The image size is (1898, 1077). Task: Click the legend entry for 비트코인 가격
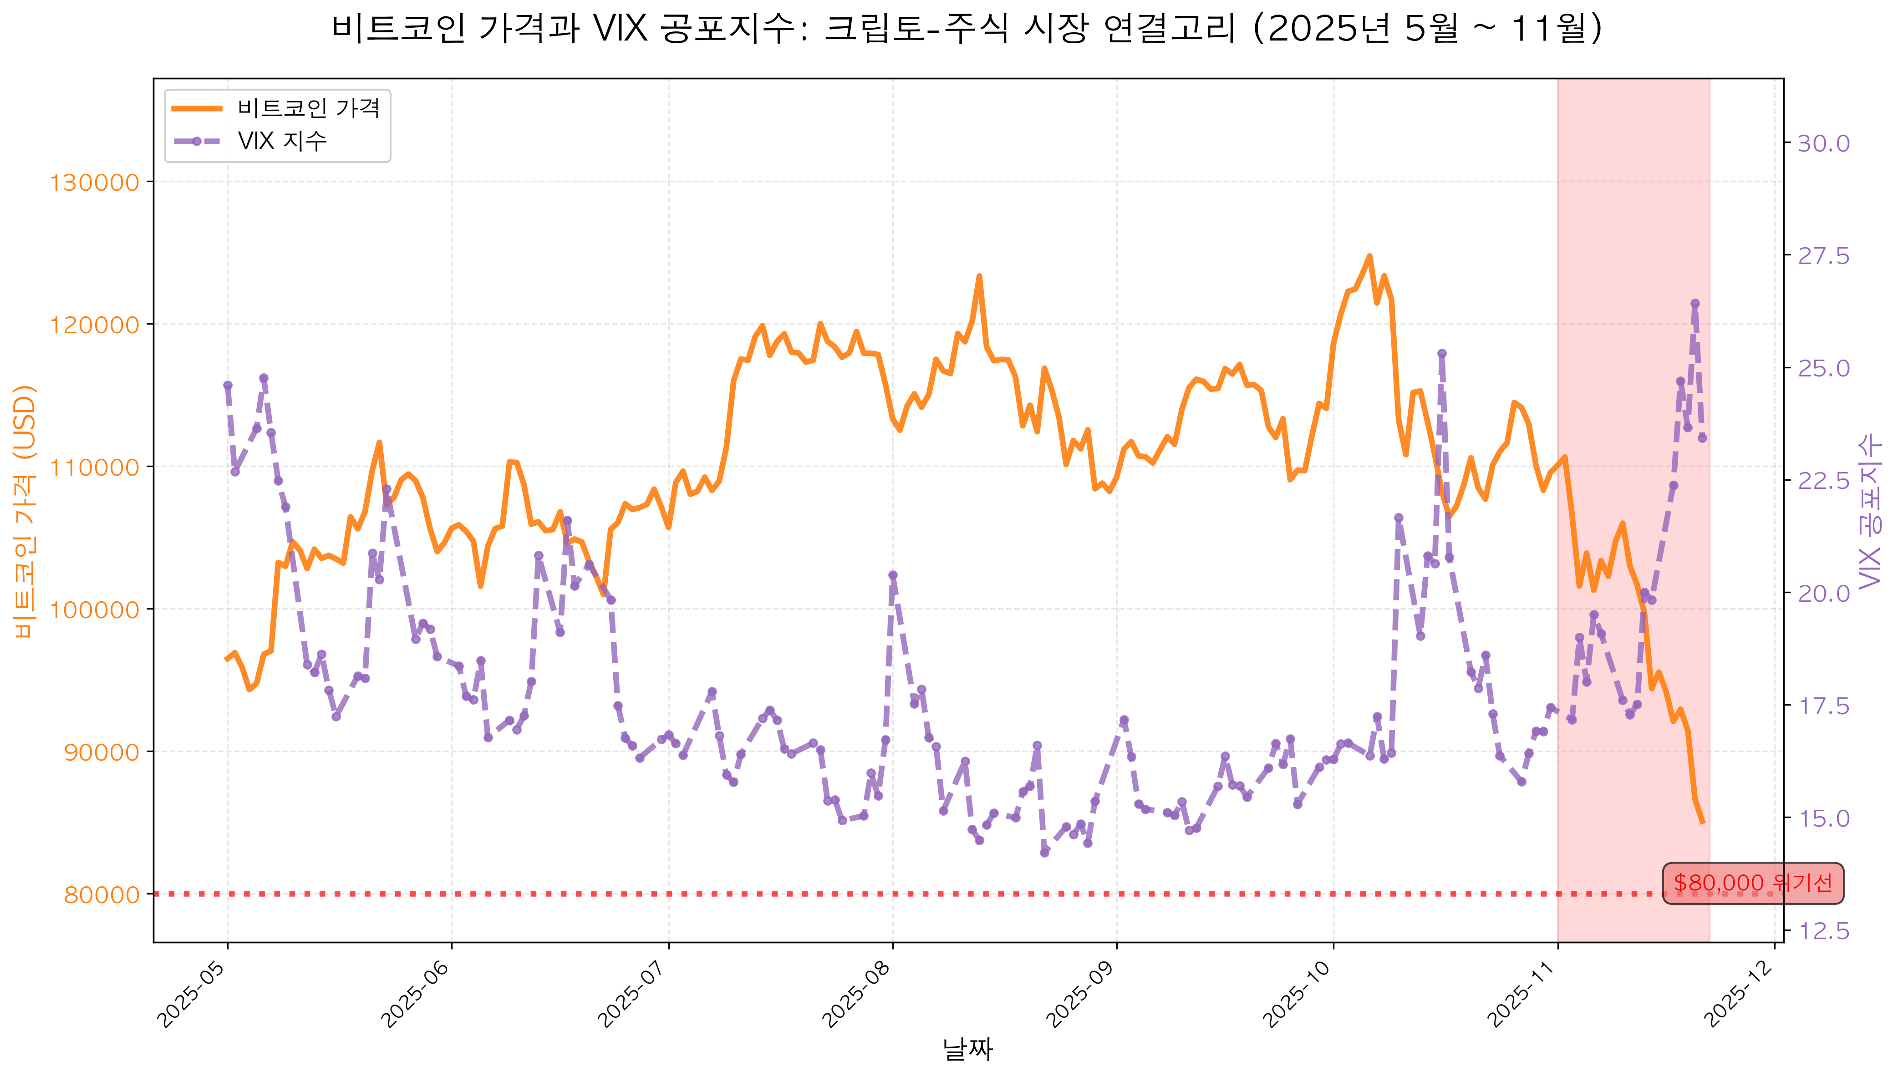click(x=308, y=109)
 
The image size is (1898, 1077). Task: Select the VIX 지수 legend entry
click(x=281, y=141)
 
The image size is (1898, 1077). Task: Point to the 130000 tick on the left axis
click(x=94, y=183)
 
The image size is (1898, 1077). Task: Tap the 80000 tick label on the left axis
click(x=102, y=895)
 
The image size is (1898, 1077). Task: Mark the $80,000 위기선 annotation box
click(x=1752, y=883)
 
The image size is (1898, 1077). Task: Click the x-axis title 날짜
click(x=967, y=1049)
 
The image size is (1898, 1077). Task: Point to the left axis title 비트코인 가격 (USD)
click(x=25, y=510)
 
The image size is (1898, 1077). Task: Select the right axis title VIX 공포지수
click(x=1869, y=510)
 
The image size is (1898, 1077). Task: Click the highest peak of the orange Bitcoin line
click(x=1369, y=256)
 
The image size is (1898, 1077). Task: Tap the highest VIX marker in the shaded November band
click(x=1694, y=303)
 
